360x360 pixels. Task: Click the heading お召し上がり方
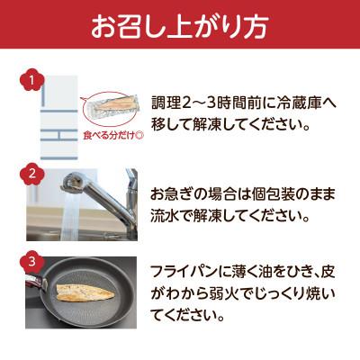pyautogui.click(x=180, y=27)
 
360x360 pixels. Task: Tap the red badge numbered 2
pyautogui.click(x=32, y=174)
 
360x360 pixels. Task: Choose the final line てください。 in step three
pyautogui.click(x=193, y=316)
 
